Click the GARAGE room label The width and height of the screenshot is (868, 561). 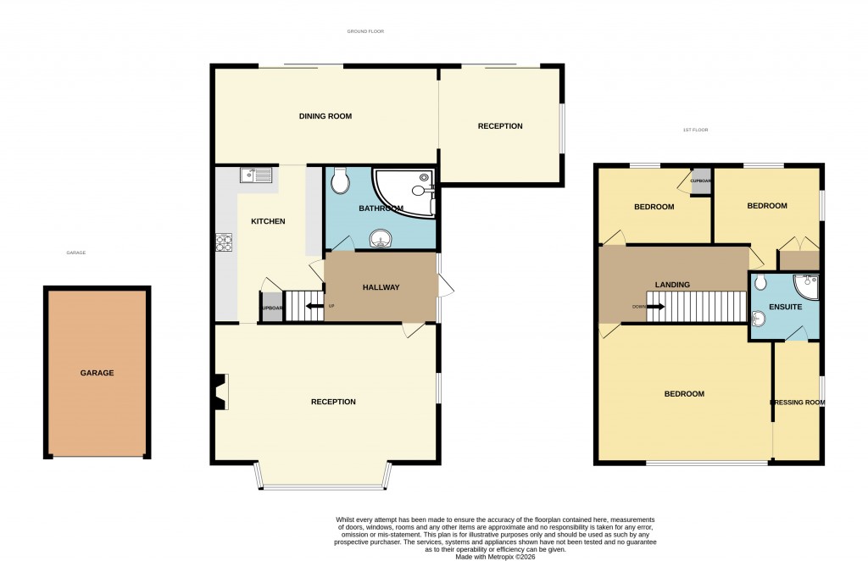coord(97,373)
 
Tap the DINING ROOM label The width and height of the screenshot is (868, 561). coord(325,116)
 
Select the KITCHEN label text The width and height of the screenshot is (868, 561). coord(268,221)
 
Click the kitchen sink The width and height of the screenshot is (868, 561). coord(256,175)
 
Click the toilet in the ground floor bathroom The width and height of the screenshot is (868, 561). coord(340,181)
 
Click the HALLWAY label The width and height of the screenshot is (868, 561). coord(381,287)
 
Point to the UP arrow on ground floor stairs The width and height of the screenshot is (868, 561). coord(314,306)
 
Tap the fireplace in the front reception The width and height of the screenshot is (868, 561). coord(221,393)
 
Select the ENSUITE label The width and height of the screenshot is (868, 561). coord(785,307)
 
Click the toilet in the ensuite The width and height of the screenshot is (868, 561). coord(760,282)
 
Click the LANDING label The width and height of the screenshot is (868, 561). coord(671,285)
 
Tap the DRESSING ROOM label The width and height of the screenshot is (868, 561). coord(797,402)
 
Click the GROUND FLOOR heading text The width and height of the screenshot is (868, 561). coord(365,31)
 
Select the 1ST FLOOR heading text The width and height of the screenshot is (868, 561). coord(695,130)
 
